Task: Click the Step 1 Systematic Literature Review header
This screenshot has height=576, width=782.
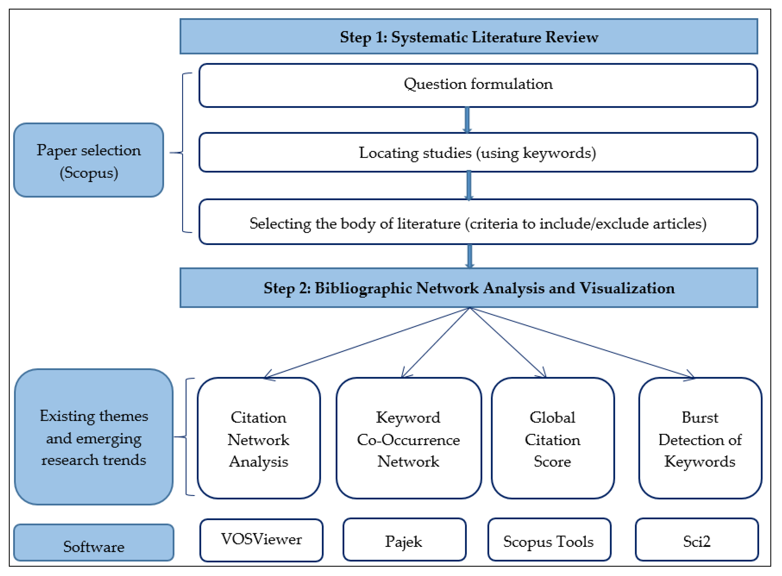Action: point(469,37)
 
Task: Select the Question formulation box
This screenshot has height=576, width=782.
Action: point(478,85)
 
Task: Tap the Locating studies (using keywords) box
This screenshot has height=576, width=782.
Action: point(478,152)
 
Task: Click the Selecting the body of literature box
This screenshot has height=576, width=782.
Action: point(478,222)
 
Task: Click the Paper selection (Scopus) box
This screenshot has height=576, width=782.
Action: point(89,160)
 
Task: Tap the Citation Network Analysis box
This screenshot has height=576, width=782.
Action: point(259,438)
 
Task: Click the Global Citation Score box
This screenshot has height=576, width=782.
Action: point(553,438)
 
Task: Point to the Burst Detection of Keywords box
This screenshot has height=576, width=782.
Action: point(700,438)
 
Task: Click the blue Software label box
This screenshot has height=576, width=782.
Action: point(94,542)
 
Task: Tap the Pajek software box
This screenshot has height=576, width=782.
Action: point(404,540)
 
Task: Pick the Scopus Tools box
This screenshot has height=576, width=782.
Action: point(549,540)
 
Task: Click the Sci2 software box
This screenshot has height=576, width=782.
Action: point(697,540)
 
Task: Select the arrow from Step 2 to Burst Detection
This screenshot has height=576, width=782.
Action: point(582,343)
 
